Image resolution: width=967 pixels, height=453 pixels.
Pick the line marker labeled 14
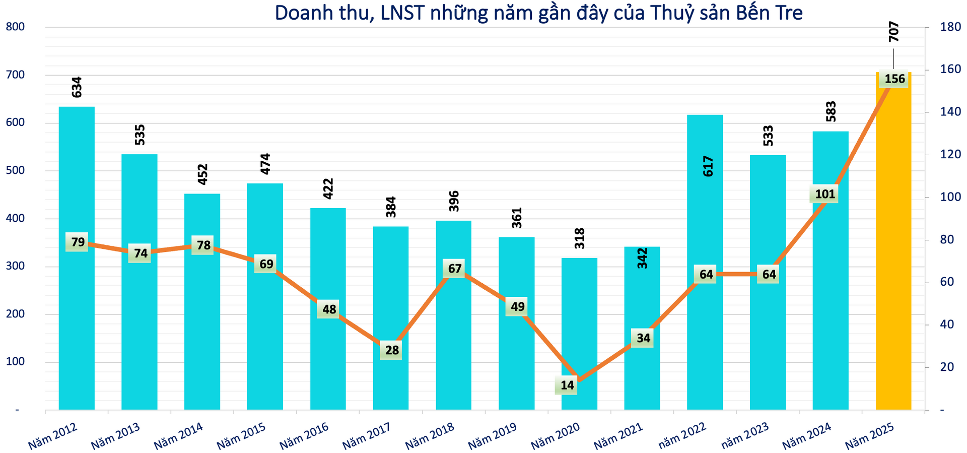pyautogui.click(x=567, y=385)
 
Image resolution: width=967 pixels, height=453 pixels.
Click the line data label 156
pyautogui.click(x=894, y=79)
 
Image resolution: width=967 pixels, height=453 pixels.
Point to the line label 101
pyautogui.click(x=824, y=194)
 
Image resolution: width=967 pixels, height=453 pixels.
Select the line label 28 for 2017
pyautogui.click(x=392, y=350)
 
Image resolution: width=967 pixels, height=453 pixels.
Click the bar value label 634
pyautogui.click(x=77, y=87)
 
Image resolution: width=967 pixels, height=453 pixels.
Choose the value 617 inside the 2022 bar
pyautogui.click(x=708, y=166)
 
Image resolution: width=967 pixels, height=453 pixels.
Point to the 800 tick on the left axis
pyautogui.click(x=15, y=27)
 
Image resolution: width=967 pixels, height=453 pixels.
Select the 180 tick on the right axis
pyautogui.click(x=950, y=27)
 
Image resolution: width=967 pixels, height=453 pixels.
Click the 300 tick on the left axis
pyautogui.click(x=15, y=267)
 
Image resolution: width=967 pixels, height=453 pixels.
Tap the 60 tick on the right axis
pyautogui.click(x=947, y=282)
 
